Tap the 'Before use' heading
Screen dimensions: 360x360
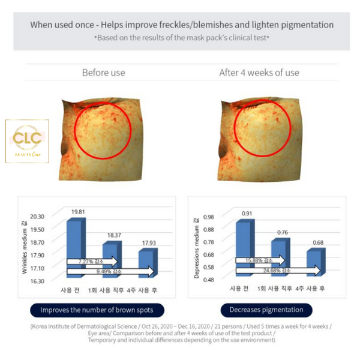click(103, 73)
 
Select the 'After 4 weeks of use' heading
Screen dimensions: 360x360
click(259, 73)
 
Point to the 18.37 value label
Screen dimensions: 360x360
click(113, 235)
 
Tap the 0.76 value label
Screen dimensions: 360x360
click(282, 232)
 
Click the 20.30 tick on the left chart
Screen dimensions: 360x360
click(38, 216)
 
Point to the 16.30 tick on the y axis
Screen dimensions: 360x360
click(38, 280)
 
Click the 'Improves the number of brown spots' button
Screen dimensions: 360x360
click(101, 310)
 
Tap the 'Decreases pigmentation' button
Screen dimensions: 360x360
click(271, 310)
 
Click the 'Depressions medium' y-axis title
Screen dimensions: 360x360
click(196, 247)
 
